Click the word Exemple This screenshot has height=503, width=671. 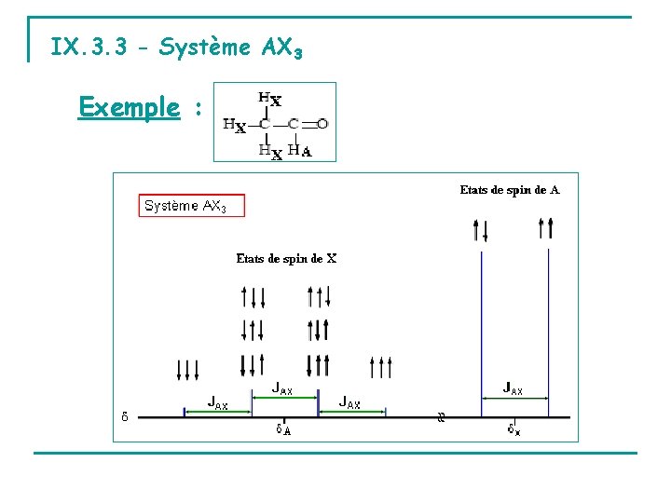click(129, 107)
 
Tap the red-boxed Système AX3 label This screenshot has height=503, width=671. click(192, 206)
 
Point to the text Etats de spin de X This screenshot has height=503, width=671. click(286, 259)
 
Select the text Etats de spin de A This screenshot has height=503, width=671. click(510, 190)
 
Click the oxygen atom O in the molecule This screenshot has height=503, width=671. click(322, 123)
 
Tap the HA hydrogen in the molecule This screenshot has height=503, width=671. click(300, 150)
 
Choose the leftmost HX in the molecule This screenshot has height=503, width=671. click(234, 125)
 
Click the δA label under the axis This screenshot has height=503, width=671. click(283, 429)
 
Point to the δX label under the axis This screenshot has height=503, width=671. click(514, 429)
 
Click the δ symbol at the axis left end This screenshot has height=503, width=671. click(125, 415)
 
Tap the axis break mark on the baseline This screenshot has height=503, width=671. click(442, 416)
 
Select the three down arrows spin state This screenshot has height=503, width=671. click(187, 370)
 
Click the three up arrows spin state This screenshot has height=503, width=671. click(381, 368)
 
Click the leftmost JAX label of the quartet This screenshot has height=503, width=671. click(218, 404)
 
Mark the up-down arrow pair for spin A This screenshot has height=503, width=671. click(481, 228)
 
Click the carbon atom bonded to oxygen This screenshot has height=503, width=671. click(294, 123)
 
